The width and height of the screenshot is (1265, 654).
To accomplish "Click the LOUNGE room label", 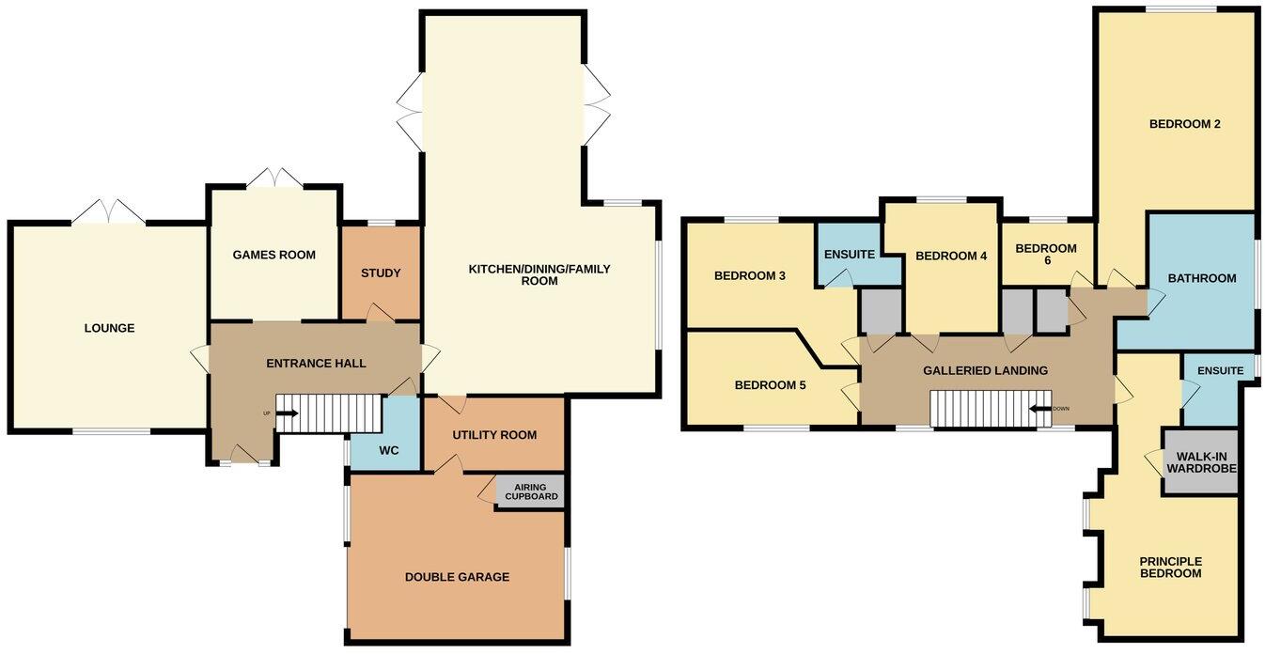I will (x=109, y=328).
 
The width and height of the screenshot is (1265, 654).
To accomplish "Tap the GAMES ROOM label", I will (x=273, y=255).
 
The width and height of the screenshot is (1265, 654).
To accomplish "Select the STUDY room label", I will (x=381, y=273).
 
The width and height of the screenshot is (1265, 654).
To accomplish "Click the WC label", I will (x=388, y=451).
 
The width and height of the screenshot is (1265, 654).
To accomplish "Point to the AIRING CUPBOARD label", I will (x=531, y=491).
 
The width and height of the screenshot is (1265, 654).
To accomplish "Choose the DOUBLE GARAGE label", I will (x=457, y=577).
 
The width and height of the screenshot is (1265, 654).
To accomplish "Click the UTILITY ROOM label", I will (x=494, y=435).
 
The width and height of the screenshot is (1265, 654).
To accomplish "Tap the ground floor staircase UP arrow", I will (x=286, y=413).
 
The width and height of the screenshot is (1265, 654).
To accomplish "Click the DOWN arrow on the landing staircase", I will (x=1042, y=409).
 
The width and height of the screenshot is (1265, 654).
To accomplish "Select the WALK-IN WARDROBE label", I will (x=1201, y=461).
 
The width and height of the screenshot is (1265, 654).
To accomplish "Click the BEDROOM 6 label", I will (x=1046, y=255).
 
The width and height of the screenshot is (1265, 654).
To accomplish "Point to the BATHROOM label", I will (x=1201, y=278).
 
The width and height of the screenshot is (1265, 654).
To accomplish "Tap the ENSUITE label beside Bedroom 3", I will (x=850, y=255).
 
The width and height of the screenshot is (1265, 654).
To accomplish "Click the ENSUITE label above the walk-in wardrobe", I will (x=1219, y=370).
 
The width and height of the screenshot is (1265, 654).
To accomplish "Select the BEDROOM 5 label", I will (x=770, y=385).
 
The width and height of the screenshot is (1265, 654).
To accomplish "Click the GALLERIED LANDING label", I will (x=985, y=370).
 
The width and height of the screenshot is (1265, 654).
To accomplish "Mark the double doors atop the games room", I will (x=274, y=178).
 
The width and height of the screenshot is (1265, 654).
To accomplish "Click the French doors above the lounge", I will (x=109, y=212).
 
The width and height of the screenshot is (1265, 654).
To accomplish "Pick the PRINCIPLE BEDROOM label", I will (x=1170, y=568).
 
